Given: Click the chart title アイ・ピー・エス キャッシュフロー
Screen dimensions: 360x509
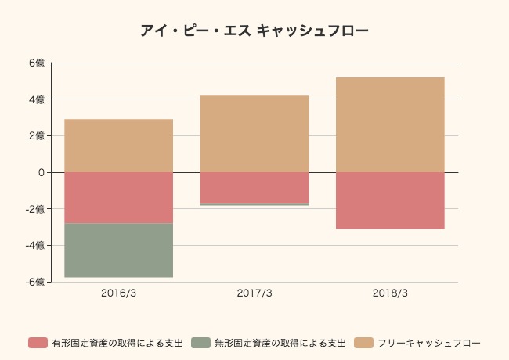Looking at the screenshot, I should coord(254,31).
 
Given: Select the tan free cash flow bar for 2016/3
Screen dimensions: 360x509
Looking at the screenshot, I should coord(118,146).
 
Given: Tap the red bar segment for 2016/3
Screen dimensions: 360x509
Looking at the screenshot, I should coord(118,197).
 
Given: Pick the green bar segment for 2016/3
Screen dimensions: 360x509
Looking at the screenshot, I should coord(118,250).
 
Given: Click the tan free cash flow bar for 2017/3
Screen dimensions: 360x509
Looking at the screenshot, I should coord(254,134).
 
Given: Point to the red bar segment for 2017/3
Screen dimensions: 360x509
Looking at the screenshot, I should coord(254,188).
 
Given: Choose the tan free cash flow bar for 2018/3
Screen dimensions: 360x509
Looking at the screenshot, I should coord(390,124).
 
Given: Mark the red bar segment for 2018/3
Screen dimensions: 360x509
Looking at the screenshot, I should coord(390,200).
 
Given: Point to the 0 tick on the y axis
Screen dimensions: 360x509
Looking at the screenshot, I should coord(40,172).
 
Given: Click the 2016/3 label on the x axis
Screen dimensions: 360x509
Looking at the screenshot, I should coord(118,293).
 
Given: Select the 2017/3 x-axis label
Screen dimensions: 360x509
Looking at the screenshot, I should coord(254,293).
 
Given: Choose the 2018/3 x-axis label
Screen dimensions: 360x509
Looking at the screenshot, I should coord(390,293).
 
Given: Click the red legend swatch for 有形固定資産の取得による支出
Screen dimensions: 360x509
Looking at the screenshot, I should coord(38,343).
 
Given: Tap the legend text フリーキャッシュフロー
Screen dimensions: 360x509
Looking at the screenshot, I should coord(428,343).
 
